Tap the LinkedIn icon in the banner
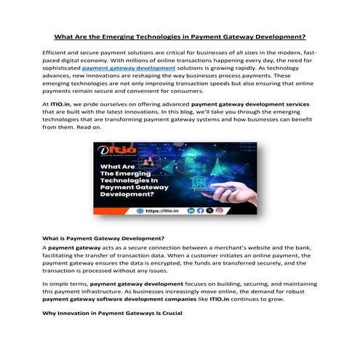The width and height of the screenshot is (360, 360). (191, 210)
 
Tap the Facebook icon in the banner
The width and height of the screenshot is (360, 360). (200, 210)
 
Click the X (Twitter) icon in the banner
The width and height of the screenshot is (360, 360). (209, 210)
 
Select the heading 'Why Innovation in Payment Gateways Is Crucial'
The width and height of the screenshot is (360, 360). (111, 313)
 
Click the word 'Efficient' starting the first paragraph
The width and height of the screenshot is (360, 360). (56, 55)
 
